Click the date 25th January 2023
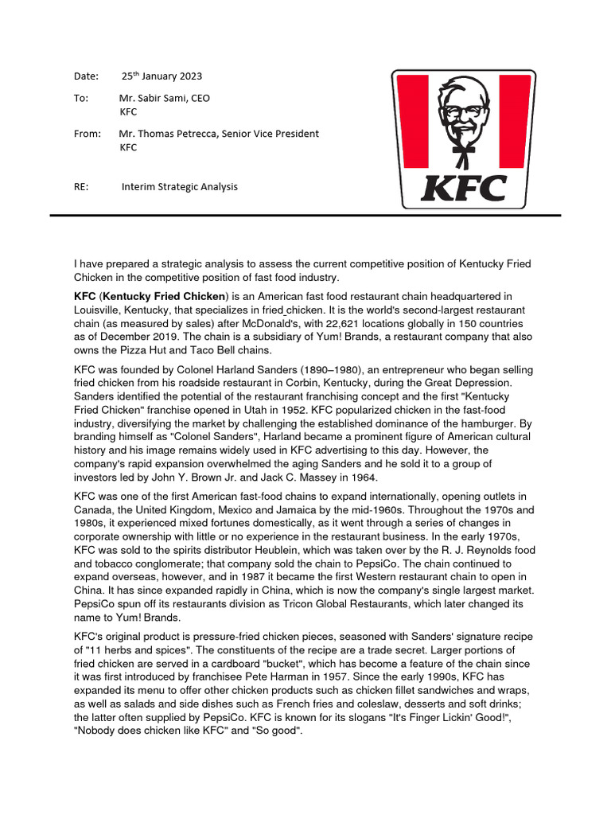[162, 76]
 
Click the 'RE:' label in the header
[82, 187]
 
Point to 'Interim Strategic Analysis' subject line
[179, 187]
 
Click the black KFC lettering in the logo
[464, 189]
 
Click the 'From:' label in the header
[88, 134]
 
